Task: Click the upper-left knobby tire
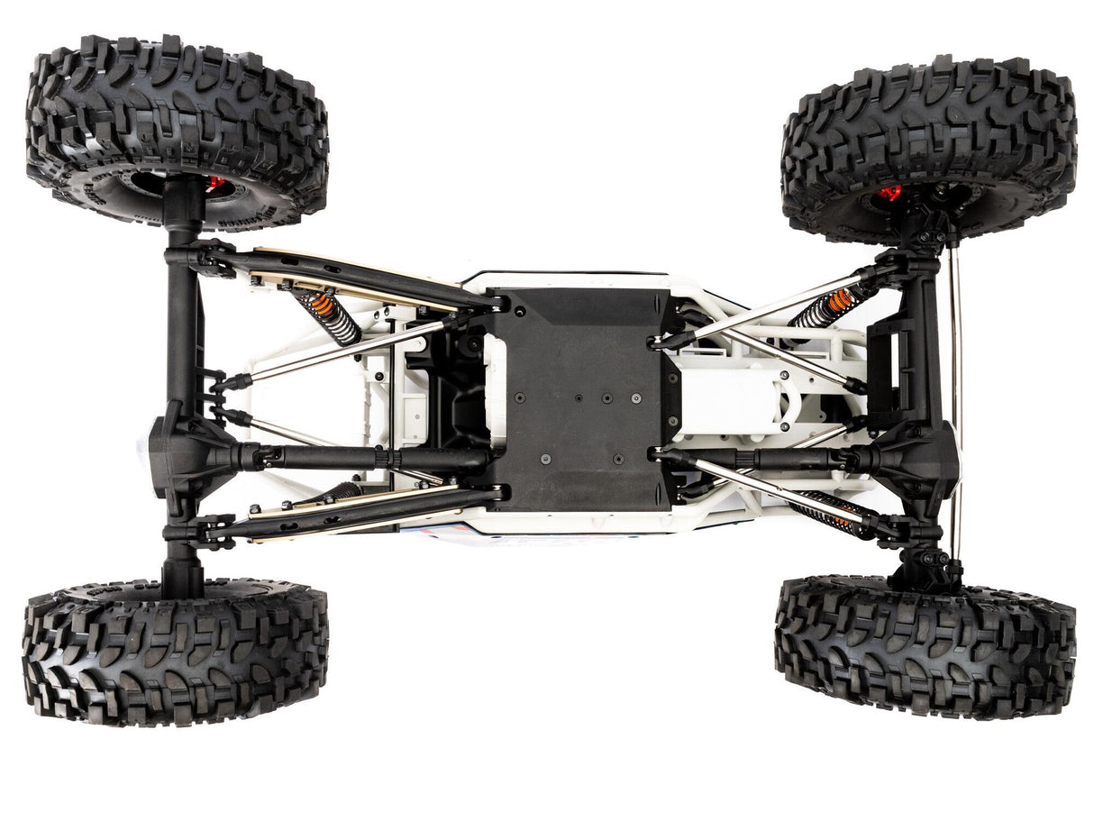pos(177,126)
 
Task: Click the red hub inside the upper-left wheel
pos(214,184)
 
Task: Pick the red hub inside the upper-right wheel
pos(889,193)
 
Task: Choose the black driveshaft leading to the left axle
pos(360,457)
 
